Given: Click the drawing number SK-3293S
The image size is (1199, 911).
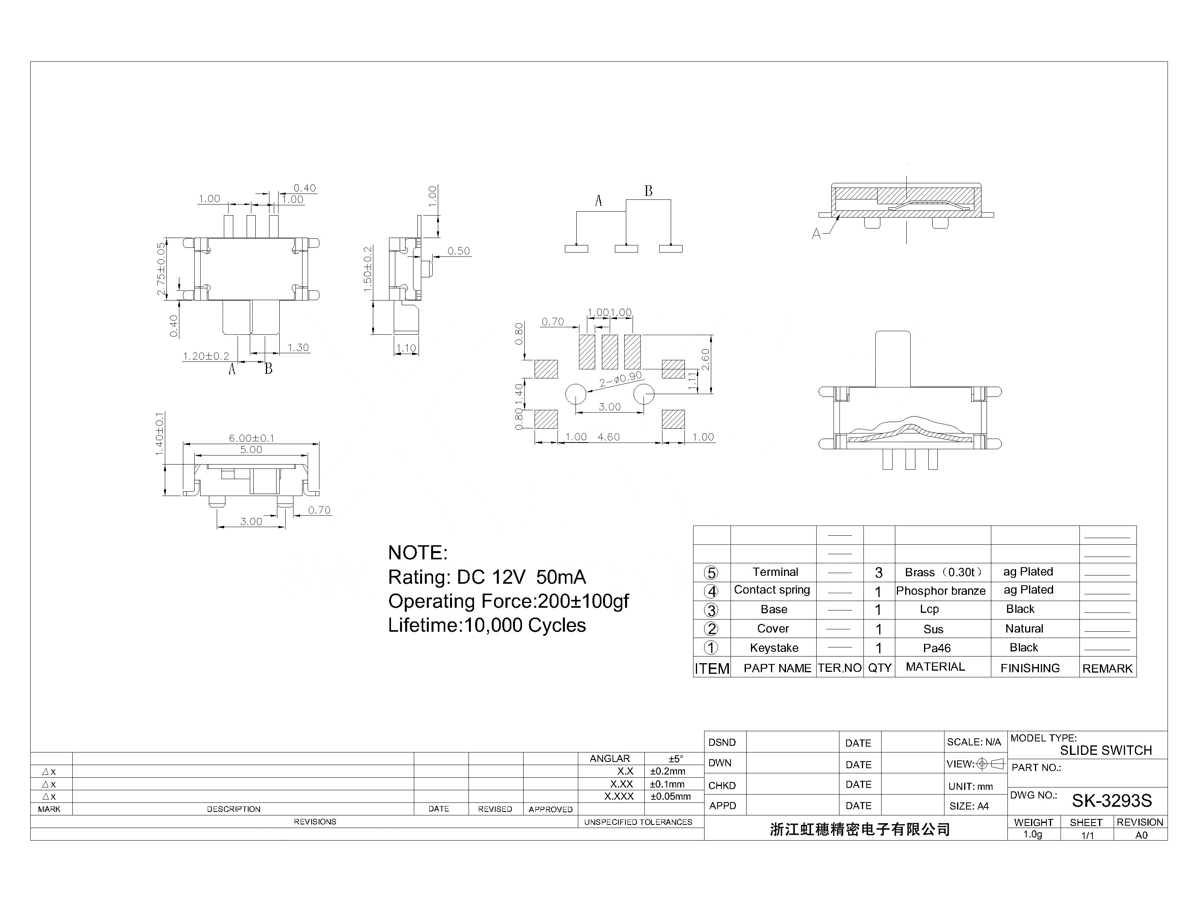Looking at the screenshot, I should tap(1111, 800).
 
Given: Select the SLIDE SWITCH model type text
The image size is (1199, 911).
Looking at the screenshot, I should tap(1106, 751).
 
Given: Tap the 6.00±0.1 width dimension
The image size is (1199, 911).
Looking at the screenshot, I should tap(251, 438).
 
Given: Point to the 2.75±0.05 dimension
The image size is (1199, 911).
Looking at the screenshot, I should tap(161, 269).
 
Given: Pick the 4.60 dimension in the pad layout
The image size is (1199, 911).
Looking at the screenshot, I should tap(609, 437).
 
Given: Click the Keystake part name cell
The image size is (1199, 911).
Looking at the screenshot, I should tap(774, 648).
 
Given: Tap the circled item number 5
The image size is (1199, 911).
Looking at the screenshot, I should tap(711, 573).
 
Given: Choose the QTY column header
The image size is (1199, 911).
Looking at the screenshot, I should tap(879, 668).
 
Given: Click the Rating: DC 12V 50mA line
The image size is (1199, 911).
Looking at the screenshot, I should tap(487, 577).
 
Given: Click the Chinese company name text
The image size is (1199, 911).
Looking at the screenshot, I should tap(860, 829).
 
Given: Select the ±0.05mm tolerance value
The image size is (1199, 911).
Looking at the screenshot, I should tap(670, 797).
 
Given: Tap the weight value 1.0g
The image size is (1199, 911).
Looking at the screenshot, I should tap(1033, 835).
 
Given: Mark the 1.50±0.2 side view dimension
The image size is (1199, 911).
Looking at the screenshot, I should tap(368, 269).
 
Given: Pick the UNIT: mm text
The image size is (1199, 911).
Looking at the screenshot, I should tap(970, 786).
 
